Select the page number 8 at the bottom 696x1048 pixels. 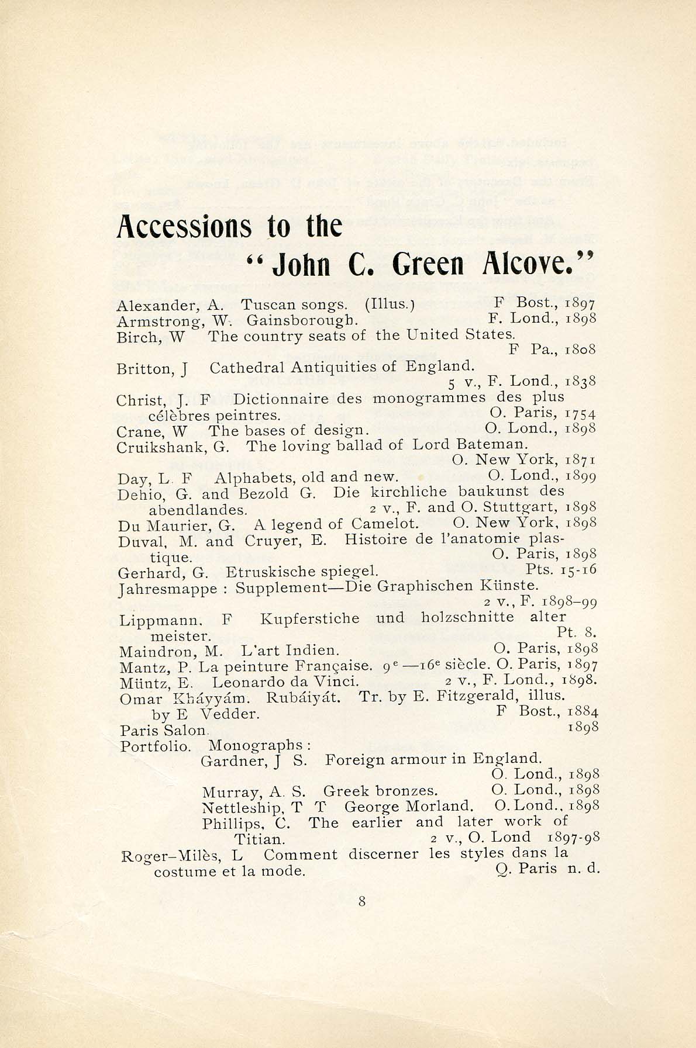[362, 901]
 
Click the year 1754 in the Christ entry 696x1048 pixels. [581, 413]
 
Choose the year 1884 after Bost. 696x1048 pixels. [583, 712]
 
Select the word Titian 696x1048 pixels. [259, 839]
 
